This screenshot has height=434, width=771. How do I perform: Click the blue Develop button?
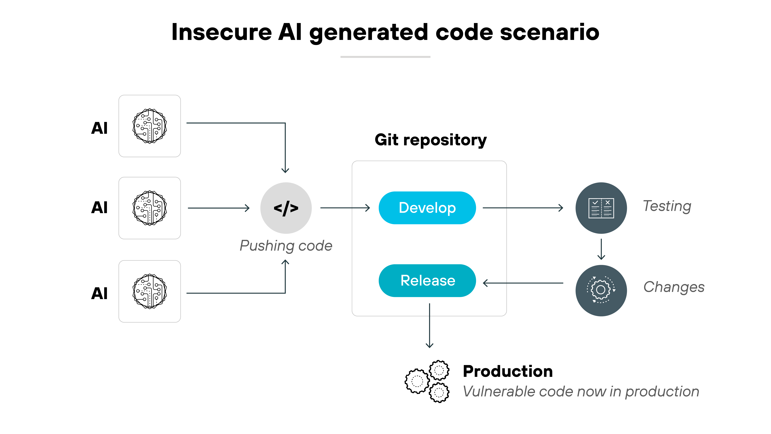point(427,208)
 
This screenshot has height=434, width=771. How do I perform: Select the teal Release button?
point(427,281)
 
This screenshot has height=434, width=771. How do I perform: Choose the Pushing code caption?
point(286,246)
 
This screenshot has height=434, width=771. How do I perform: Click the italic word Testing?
point(667,206)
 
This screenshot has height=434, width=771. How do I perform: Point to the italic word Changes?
point(674,287)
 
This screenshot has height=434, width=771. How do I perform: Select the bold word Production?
point(508,371)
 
